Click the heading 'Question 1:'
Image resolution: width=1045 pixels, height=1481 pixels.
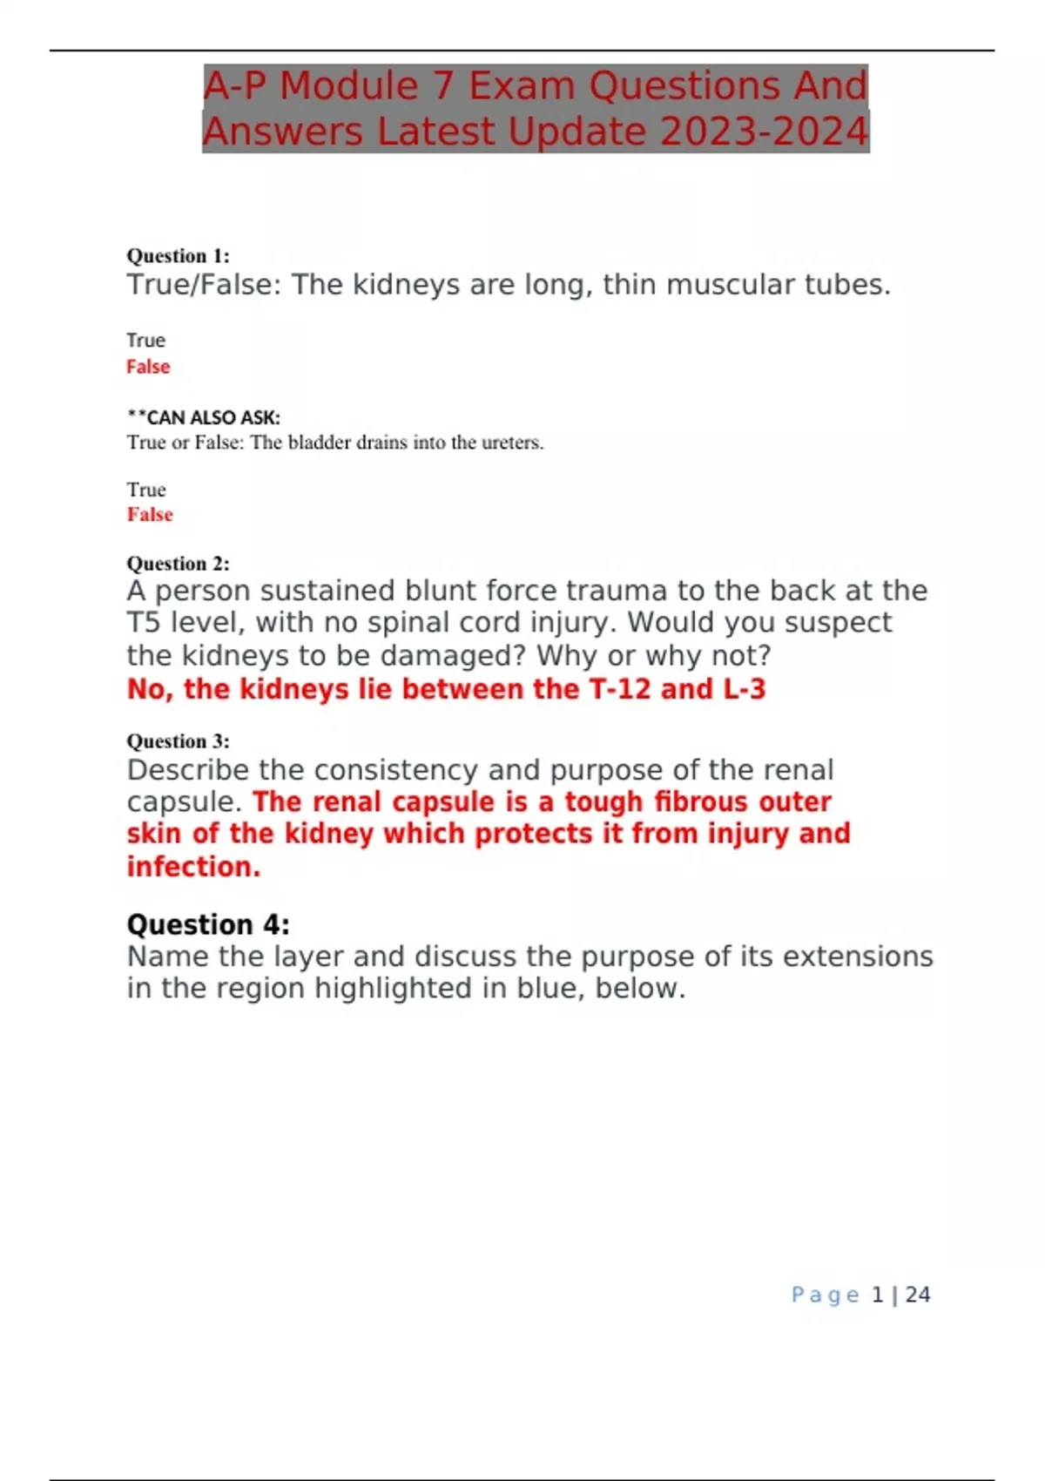[x=178, y=256]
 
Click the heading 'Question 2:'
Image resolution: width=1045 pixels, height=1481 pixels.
[x=178, y=564]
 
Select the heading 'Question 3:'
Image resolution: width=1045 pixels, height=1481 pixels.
[x=178, y=741]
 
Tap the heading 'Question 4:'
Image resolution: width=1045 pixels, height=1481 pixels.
[x=208, y=924]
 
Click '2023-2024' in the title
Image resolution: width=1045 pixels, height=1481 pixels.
[x=764, y=132]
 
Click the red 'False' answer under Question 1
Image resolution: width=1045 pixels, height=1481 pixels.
[x=148, y=367]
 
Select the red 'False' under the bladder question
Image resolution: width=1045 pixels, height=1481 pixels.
[x=150, y=515]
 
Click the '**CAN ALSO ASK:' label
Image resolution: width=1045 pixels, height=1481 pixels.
[x=204, y=418]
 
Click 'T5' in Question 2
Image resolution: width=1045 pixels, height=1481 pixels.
[x=144, y=623]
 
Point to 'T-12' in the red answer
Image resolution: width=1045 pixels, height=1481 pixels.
[x=620, y=689]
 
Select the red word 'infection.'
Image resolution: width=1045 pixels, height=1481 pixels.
[x=193, y=867]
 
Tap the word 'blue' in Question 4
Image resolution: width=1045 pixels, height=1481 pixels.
[x=551, y=989]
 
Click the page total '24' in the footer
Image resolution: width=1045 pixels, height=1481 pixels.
[x=918, y=1295]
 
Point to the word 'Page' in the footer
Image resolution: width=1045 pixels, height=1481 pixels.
[x=825, y=1295]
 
